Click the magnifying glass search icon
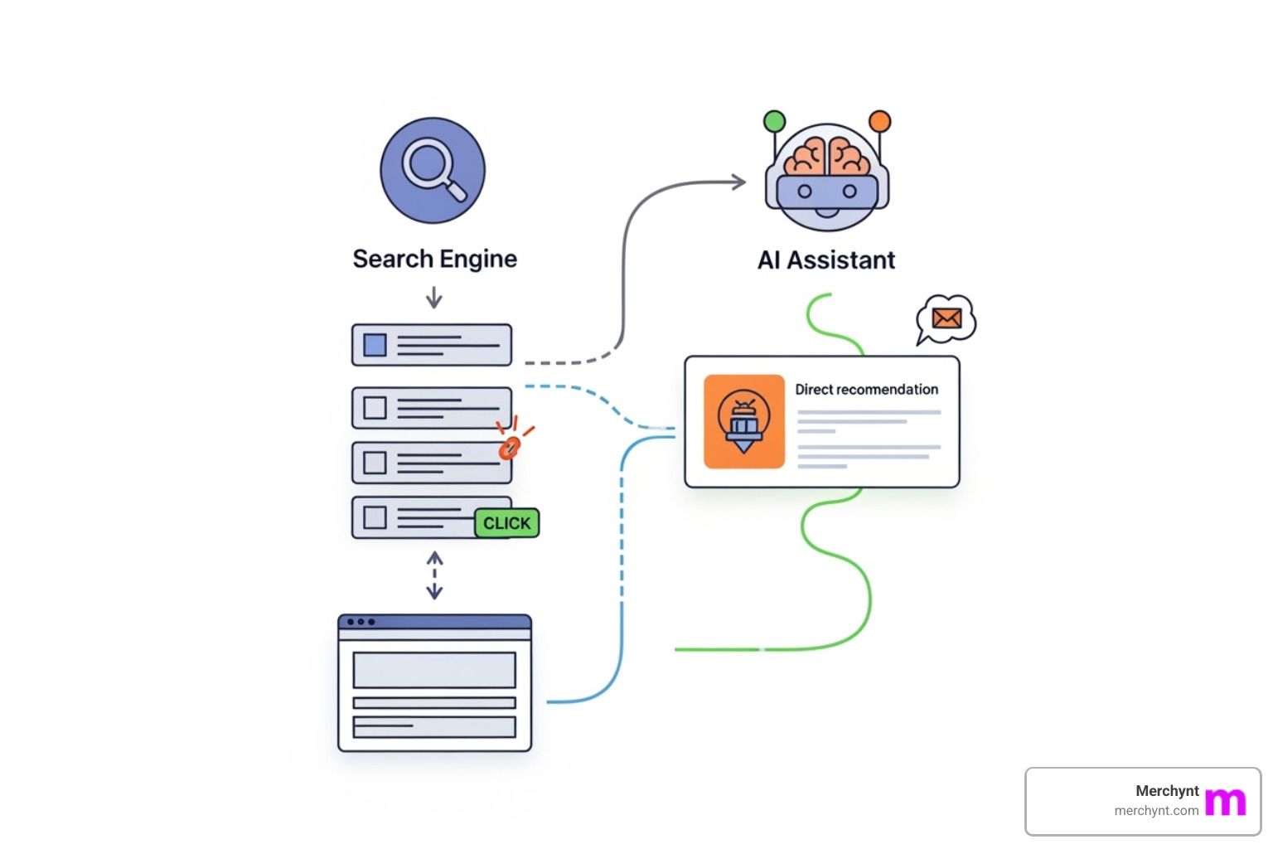433,170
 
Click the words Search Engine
434,259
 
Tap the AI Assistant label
826,260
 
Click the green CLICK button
506,523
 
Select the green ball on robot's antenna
774,122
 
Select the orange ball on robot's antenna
879,122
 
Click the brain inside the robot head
826,156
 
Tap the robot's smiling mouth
826,212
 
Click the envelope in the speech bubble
946,318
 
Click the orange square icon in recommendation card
743,421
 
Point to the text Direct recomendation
866,389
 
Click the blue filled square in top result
375,345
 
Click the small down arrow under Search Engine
433,298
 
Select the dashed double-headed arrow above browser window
434,575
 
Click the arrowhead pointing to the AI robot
738,182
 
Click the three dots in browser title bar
361,622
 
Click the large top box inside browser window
434,670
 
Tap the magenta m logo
1225,802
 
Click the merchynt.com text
1156,811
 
